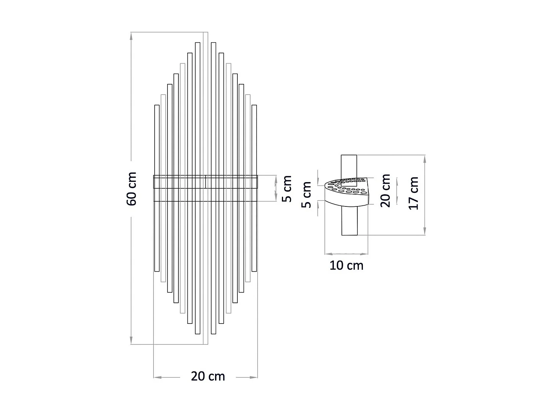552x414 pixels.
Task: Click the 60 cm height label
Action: pos(132,188)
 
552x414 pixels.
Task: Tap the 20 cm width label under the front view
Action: pos(208,376)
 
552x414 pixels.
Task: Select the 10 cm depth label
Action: pos(346,265)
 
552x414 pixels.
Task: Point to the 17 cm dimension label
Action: pos(414,193)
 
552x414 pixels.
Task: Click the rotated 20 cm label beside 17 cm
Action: pos(385,191)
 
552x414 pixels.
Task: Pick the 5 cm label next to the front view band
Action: pos(287,189)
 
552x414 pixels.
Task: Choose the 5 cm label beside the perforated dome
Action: pos(307,195)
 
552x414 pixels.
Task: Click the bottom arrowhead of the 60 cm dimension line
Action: pos(131,341)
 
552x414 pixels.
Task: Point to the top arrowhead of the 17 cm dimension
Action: pos(425,159)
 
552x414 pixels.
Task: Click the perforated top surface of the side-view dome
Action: pos(348,186)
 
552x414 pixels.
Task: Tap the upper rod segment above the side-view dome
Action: pos(349,166)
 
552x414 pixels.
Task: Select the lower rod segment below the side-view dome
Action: pos(349,221)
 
